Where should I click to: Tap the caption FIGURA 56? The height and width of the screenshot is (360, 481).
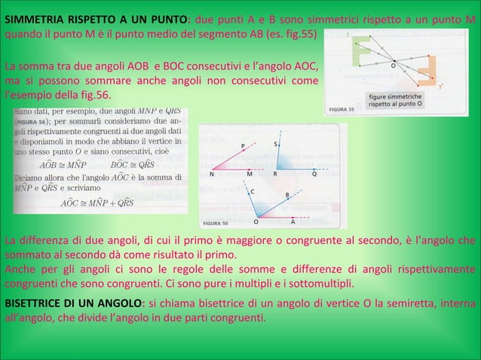216,223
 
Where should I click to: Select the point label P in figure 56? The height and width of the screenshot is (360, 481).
242,145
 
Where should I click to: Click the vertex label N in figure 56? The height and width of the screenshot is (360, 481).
212,174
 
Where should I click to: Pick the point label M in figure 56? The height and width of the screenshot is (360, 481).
250,174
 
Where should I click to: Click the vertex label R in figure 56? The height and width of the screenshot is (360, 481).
275,174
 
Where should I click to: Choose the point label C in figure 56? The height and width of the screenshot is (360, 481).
252,192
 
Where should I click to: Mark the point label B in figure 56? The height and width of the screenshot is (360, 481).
287,196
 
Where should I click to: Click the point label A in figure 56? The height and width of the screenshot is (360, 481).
293,222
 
